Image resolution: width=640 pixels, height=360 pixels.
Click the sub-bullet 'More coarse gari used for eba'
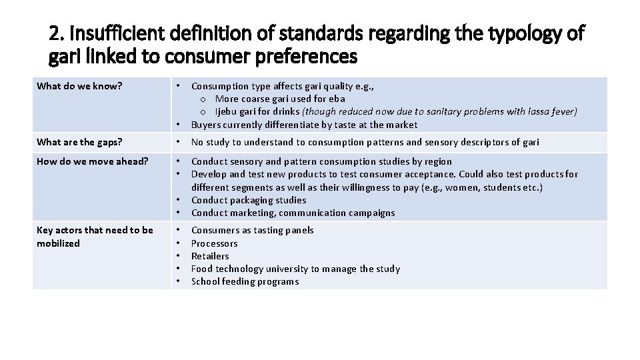[x=280, y=99]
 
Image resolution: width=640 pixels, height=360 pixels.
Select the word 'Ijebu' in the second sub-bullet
[x=228, y=111]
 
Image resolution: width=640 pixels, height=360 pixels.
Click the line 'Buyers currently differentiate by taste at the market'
[x=304, y=125]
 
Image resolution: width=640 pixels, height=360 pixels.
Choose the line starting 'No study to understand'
[x=365, y=142]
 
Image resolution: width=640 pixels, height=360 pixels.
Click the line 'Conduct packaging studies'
[x=249, y=200]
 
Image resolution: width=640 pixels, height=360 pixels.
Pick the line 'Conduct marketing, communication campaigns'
[x=293, y=213]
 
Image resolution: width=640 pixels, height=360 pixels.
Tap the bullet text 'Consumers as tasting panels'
[x=252, y=230]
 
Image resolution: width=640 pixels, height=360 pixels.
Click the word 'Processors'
[x=214, y=243]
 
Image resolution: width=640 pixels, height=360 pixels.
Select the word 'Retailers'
[x=210, y=256]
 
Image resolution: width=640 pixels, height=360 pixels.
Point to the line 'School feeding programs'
[x=245, y=281]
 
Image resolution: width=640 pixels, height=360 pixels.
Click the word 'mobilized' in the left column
[x=58, y=243]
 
